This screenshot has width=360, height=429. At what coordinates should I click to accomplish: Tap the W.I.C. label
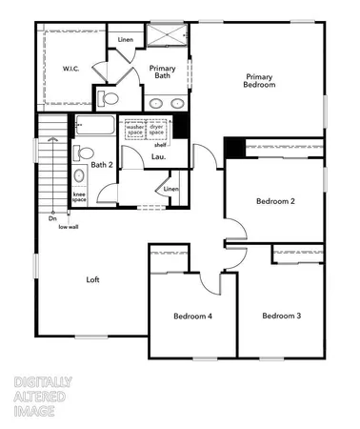[71, 68]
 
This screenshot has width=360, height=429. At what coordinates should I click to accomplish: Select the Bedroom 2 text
[274, 201]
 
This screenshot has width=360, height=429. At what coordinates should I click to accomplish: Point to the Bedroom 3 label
[282, 316]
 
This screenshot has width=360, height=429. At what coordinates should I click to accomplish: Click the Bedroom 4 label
[192, 316]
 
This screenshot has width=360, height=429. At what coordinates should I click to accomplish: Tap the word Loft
[92, 279]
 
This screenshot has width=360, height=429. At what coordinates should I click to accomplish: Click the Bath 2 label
[102, 165]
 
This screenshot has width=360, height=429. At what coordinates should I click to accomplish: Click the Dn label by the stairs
[52, 219]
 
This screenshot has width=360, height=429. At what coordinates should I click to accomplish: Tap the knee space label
[79, 198]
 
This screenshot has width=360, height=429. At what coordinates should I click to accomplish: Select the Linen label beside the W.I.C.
[126, 39]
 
